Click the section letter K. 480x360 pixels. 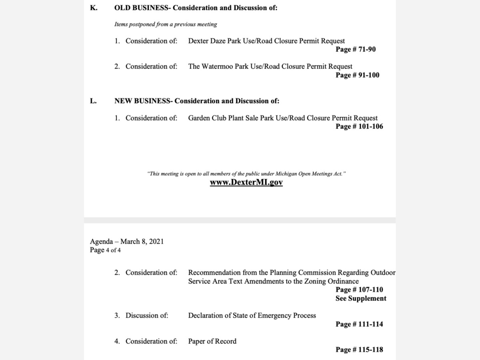(93, 8)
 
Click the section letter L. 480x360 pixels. (93, 101)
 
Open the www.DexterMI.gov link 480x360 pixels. (246, 182)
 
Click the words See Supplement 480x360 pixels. (361, 298)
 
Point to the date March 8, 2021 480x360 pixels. (142, 242)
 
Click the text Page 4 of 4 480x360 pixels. (106, 250)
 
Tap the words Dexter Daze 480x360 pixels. (207, 41)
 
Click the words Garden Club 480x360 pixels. (206, 118)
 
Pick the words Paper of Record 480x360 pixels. (212, 341)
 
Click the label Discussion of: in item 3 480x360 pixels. (147, 316)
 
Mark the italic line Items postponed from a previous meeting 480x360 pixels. (166, 24)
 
